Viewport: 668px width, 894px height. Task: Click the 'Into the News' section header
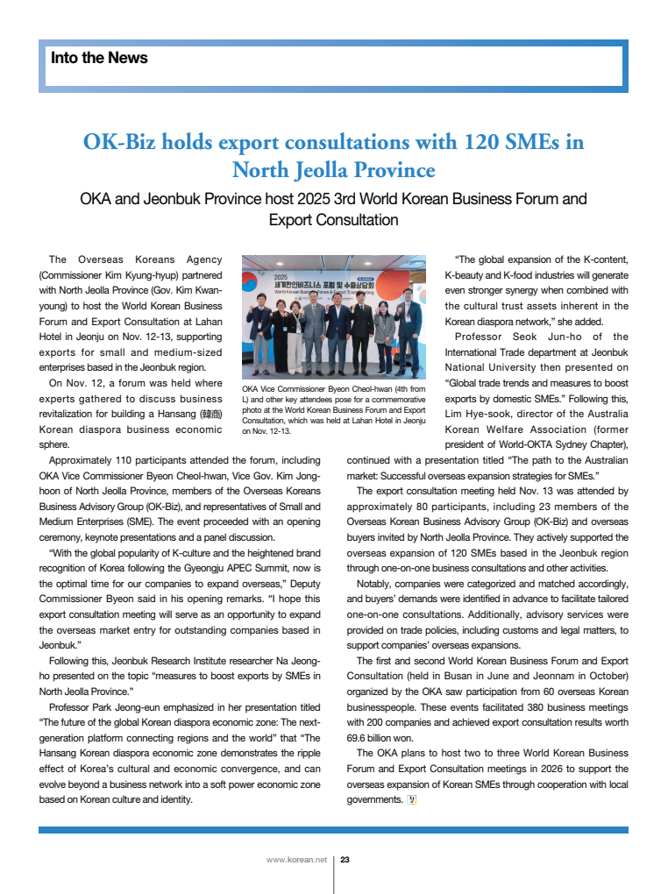99,58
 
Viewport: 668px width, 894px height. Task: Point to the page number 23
345,860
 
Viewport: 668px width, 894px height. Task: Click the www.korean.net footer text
296,860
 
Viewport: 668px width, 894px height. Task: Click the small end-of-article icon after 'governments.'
410,799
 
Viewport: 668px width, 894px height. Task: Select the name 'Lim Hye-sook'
480,414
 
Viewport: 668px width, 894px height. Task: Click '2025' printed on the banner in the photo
281,277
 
